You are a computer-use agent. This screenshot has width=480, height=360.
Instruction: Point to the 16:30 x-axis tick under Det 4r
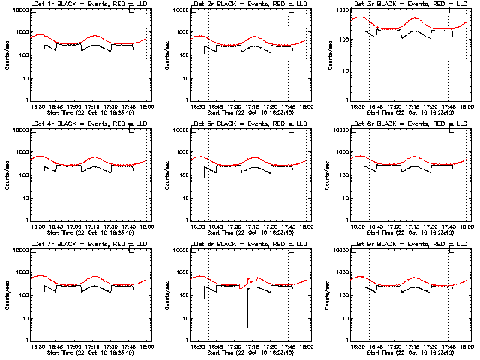click(x=37, y=226)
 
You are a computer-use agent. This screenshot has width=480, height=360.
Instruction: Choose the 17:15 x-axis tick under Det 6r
click(x=412, y=226)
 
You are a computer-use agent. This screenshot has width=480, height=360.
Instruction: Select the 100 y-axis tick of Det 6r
click(x=339, y=175)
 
